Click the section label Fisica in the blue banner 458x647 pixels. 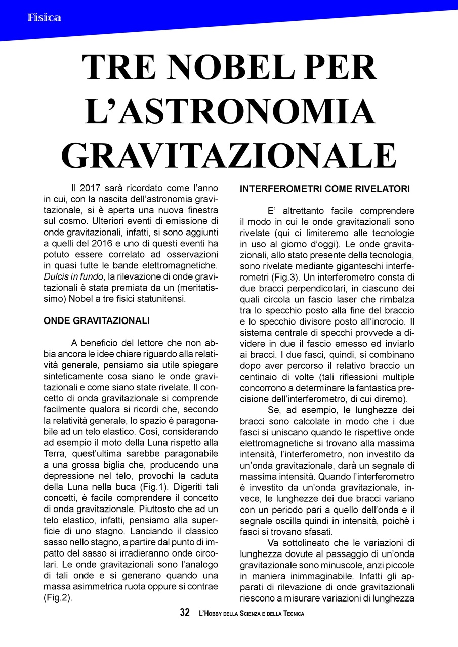45,18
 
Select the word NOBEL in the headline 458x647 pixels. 244,68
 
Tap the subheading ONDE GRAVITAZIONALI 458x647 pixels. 97,320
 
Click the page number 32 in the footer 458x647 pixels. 185,613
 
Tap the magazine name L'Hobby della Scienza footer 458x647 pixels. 252,613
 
